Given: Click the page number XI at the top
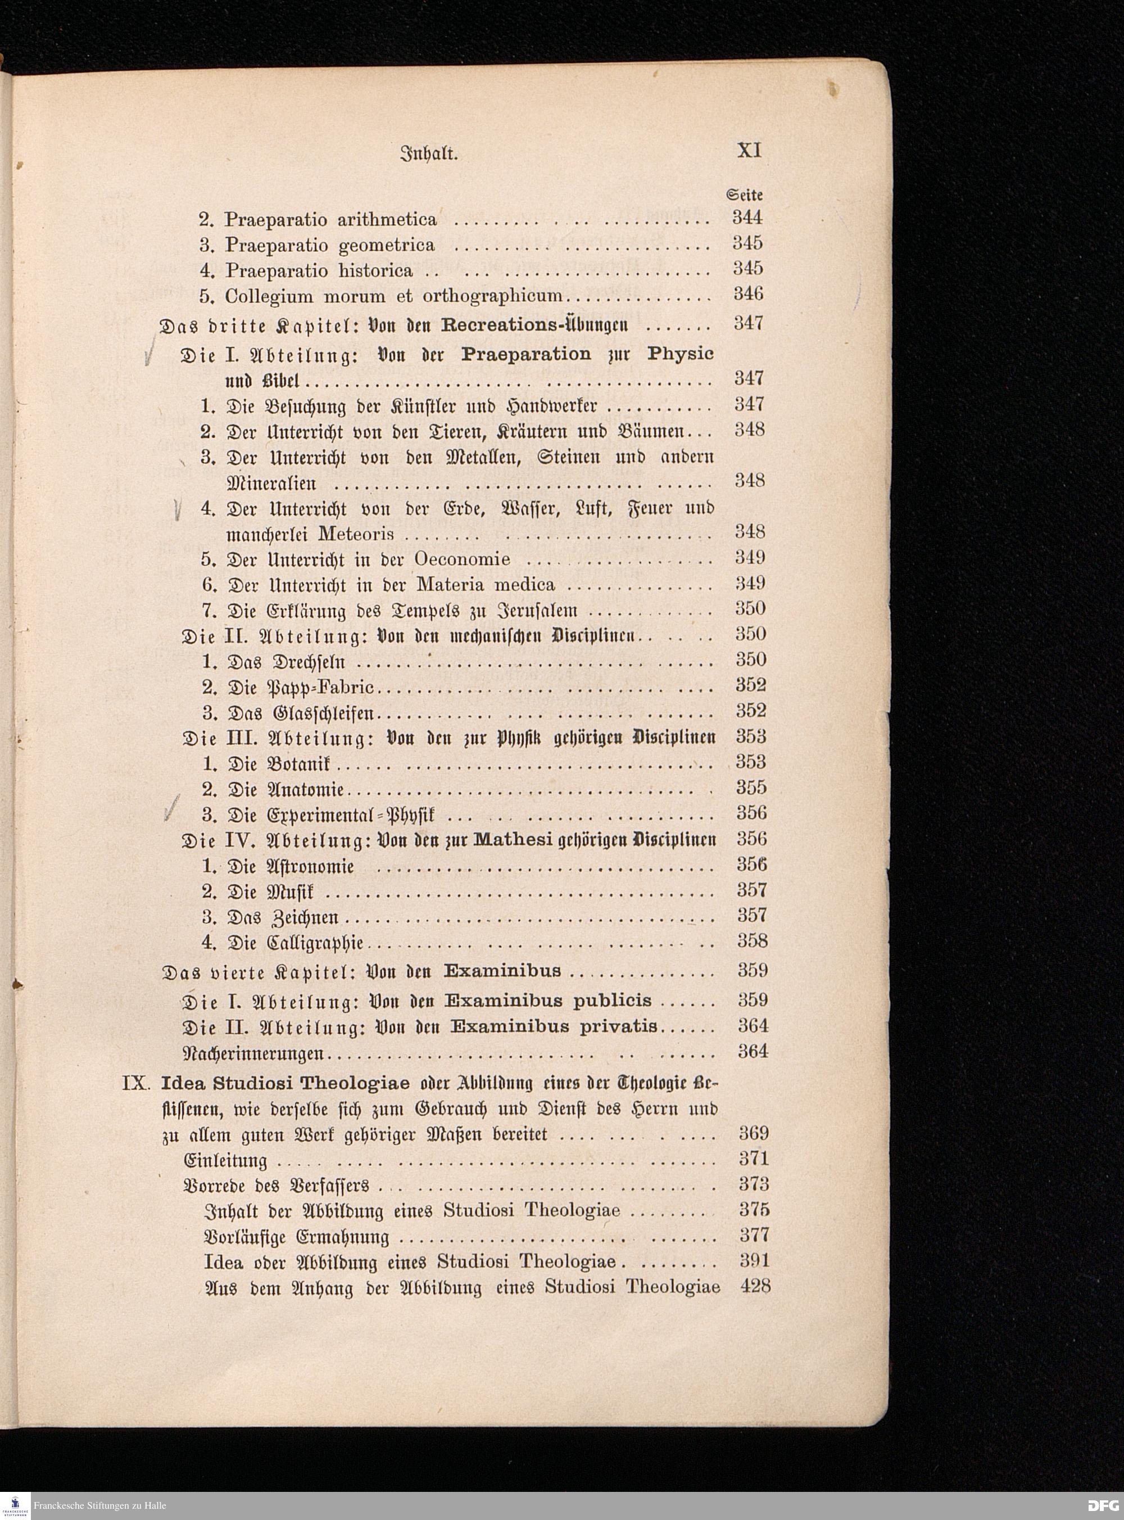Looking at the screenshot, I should (x=749, y=150).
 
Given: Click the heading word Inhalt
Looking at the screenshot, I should (x=429, y=154).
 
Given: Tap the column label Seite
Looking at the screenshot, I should (x=744, y=194).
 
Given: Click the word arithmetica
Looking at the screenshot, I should (x=387, y=220).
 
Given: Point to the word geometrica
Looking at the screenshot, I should (x=387, y=246).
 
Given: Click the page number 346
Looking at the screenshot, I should (x=748, y=294).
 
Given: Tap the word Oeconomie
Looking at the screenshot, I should (x=462, y=559).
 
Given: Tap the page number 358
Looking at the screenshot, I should (x=753, y=941).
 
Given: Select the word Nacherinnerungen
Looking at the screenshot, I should (x=255, y=1054).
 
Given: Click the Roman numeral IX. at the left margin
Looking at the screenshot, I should (x=135, y=1083).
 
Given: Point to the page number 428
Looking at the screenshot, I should (x=755, y=1286).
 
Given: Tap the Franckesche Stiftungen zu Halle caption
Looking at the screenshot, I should (x=100, y=1506).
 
